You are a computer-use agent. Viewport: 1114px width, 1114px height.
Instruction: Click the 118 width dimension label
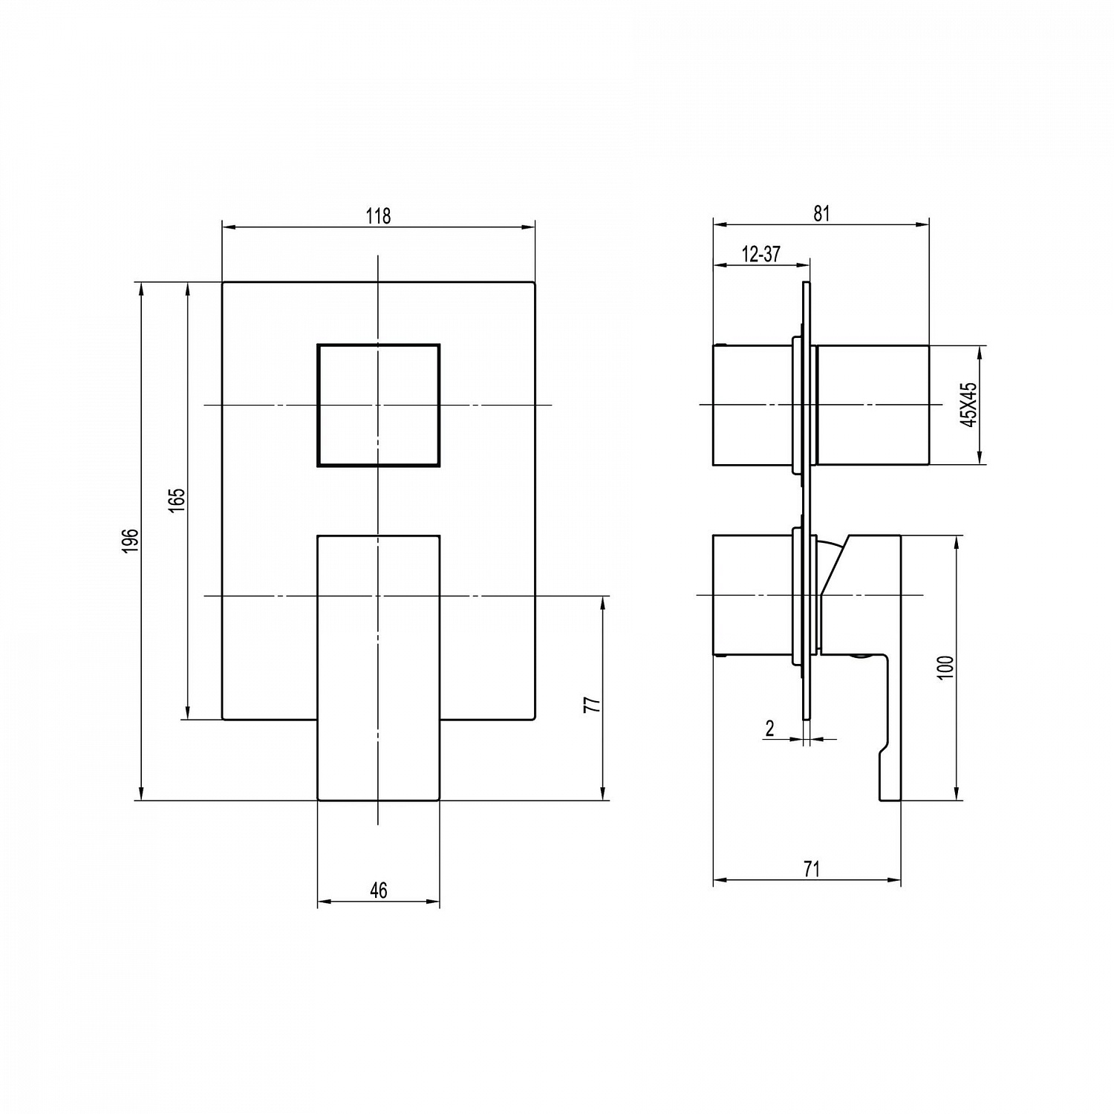pos(378,215)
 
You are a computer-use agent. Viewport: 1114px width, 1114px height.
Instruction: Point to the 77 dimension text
pos(592,705)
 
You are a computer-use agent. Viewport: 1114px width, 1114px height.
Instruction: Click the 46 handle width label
pos(379,890)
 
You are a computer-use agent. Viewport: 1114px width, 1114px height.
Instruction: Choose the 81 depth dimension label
pos(821,213)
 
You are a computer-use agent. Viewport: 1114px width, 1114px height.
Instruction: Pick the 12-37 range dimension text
pos(761,254)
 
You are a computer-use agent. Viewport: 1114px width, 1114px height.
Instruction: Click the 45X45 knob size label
pos(968,405)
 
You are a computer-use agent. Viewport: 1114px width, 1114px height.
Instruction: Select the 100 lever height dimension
pos(945,668)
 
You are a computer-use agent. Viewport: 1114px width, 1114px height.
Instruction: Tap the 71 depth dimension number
pos(812,868)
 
